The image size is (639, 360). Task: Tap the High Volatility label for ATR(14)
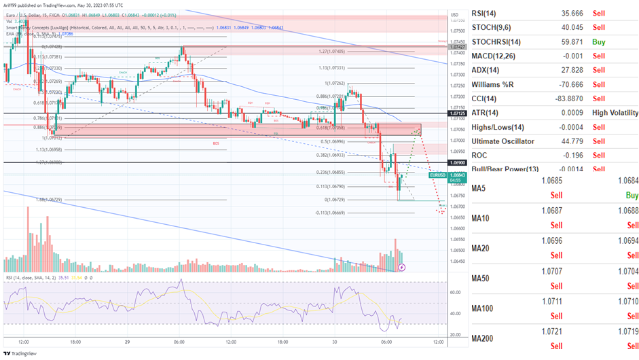point(615,113)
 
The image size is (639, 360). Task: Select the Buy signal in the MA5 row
point(632,195)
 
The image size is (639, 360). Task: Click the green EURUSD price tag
point(439,175)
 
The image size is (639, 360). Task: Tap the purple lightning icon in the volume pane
point(401,268)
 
